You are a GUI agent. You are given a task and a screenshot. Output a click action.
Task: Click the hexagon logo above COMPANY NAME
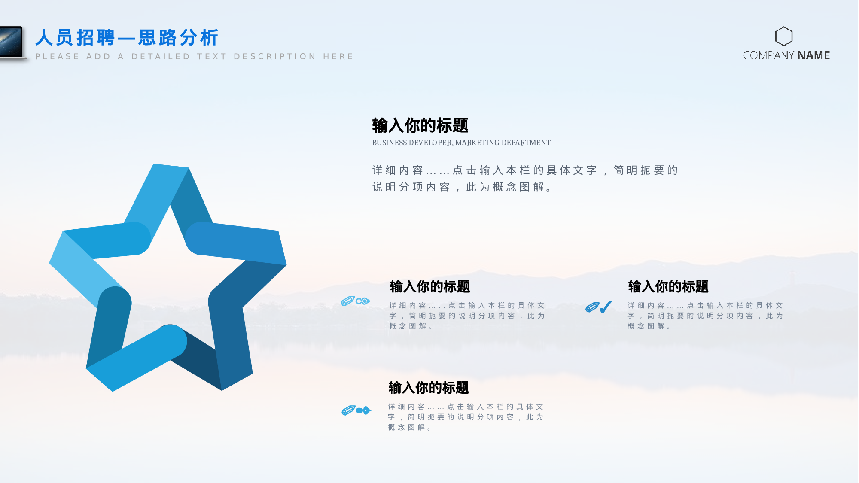[x=783, y=36]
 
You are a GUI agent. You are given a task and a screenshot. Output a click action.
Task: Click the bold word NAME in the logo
[x=813, y=55]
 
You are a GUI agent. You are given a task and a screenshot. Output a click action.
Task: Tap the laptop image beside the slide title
[x=11, y=42]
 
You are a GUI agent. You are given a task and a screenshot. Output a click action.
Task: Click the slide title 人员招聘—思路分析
[x=127, y=38]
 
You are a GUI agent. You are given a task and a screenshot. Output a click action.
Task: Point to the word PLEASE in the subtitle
[x=57, y=57]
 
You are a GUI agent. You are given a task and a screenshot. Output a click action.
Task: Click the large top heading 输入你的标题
[x=420, y=125]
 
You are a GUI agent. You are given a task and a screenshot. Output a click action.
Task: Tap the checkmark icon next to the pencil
[x=606, y=307]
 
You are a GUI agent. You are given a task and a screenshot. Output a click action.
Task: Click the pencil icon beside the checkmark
[x=592, y=307]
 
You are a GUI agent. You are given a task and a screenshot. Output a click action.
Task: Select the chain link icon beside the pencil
[x=363, y=301]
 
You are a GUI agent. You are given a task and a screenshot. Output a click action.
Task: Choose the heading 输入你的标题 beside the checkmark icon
[x=668, y=286]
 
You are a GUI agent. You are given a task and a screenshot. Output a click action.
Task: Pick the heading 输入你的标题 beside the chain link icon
[x=429, y=286]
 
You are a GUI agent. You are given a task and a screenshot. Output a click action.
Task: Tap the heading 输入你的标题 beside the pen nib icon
[x=428, y=388]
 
